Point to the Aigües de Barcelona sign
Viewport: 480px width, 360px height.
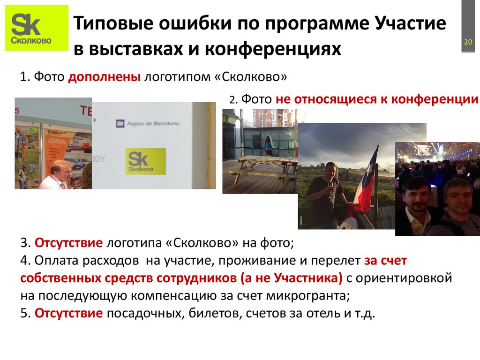pyautogui.click(x=147, y=123)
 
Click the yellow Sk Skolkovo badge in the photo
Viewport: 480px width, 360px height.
pyautogui.click(x=145, y=161)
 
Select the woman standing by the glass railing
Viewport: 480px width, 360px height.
pyautogui.click(x=268, y=146)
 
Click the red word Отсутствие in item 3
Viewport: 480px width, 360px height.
pyautogui.click(x=68, y=244)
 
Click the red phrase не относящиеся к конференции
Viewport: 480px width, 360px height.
pyautogui.click(x=377, y=99)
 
